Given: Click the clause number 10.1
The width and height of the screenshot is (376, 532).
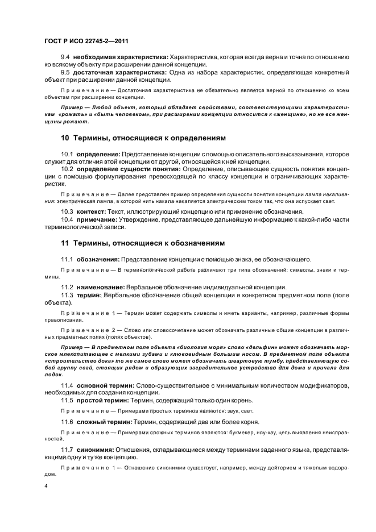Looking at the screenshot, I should coord(68,154).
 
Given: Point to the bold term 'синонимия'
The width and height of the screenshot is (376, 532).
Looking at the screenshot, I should coord(94,449).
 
